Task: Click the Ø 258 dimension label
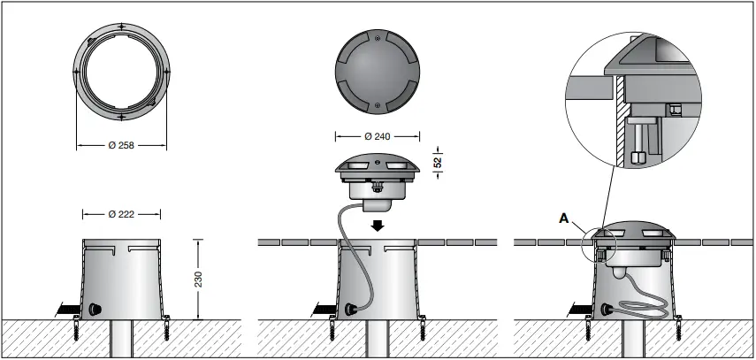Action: [x=121, y=144]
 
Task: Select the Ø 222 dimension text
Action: [x=121, y=214]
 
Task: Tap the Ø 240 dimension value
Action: [x=378, y=137]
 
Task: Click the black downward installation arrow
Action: [x=378, y=225]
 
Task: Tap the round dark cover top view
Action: [x=378, y=72]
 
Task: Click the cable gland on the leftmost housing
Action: [x=93, y=310]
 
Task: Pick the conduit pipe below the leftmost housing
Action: [x=121, y=341]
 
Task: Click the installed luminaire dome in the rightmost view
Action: [x=637, y=227]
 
